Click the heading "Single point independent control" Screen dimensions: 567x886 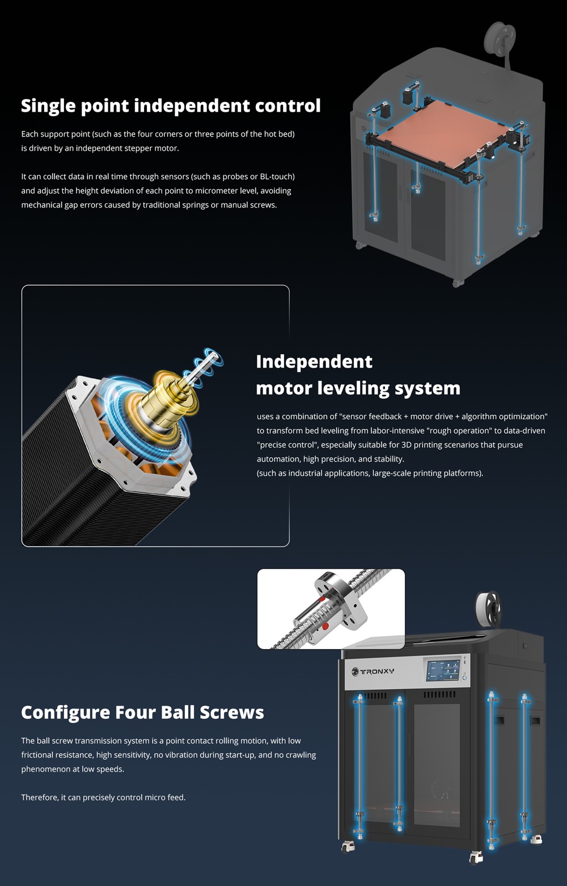tap(171, 106)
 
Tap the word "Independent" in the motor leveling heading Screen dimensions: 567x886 tap(314, 362)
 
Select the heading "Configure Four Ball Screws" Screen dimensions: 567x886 tap(142, 713)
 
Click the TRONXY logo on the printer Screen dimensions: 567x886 tap(373, 671)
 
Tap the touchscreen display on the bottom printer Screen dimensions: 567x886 tap(443, 669)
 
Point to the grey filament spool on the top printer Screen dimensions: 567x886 tap(500, 36)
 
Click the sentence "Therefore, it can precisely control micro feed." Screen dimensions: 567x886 tap(103, 798)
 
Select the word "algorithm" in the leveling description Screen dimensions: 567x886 tap(481, 417)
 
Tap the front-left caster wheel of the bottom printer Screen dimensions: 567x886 tap(347, 845)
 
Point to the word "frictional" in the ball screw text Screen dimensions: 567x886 tap(37, 755)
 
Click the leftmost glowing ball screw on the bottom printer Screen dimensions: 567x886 tap(359, 765)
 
